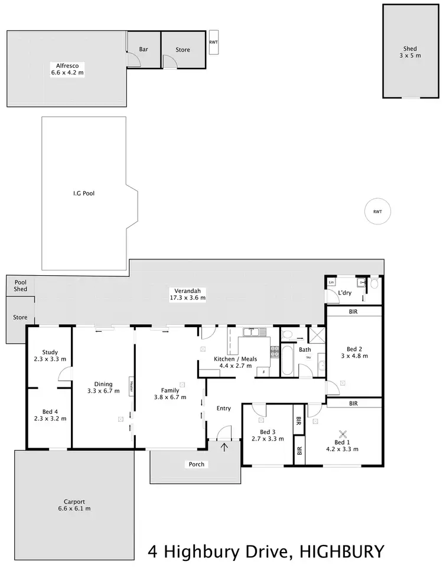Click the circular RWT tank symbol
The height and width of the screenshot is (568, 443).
pyautogui.click(x=377, y=211)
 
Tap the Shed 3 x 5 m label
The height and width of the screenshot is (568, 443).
pyautogui.click(x=410, y=52)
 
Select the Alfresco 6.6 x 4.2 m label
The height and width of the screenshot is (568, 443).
pyautogui.click(x=67, y=69)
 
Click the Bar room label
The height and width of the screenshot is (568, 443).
pyautogui.click(x=144, y=50)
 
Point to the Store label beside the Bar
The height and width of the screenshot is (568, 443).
pyautogui.click(x=183, y=50)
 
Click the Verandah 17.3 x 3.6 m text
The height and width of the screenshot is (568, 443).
pyautogui.click(x=185, y=294)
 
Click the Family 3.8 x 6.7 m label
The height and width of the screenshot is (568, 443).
pyautogui.click(x=170, y=393)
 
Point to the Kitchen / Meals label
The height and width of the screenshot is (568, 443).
pyautogui.click(x=235, y=362)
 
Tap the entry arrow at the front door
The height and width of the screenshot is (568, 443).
pyautogui.click(x=224, y=447)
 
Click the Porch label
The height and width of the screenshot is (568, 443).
pyautogui.click(x=197, y=464)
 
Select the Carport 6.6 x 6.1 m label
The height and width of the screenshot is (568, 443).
pyautogui.click(x=74, y=505)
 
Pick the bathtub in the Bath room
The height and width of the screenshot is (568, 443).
pyautogui.click(x=286, y=361)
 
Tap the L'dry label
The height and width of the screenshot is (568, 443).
pyautogui.click(x=346, y=293)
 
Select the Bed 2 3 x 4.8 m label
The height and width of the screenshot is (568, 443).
pyautogui.click(x=354, y=352)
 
